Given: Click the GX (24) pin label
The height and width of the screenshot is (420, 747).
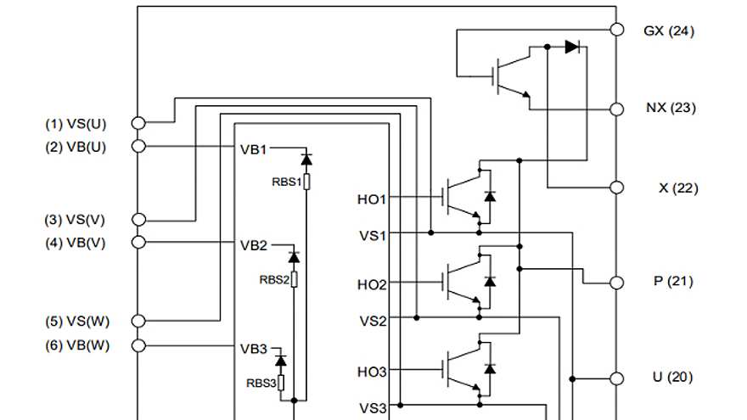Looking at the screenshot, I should pos(669,31).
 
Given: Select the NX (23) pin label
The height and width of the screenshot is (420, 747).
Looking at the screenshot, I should pos(669,108).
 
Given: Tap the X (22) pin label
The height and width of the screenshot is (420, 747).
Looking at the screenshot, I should pos(677,188).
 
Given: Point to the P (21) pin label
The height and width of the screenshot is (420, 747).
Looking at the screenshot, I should pos(672,281).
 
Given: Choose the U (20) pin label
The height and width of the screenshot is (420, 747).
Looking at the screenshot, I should pos(672,377).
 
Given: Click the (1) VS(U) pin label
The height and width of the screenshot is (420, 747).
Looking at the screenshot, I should pos(76,123).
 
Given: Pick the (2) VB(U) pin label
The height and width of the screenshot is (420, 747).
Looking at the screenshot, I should pos(76,146).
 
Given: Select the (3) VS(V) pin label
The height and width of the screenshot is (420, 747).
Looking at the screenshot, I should pos(76,220).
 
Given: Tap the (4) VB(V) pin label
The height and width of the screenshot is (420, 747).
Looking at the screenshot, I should pos(76,243).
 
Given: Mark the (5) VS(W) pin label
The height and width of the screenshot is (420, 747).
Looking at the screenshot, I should pos(76,322).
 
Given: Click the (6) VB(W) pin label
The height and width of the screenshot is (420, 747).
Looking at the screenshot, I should pos(76,345).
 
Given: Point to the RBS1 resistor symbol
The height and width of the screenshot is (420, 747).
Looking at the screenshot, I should pos(306,181).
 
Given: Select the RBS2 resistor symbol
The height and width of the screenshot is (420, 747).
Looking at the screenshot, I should pos(295,278).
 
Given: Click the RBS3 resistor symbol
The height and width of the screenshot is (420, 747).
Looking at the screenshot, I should pos(282,383).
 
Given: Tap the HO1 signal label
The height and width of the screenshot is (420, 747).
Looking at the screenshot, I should pos(372,199).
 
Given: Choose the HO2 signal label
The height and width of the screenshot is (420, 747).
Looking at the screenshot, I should pos(372,285).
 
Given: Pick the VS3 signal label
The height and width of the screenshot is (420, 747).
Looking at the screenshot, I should pos(373,408).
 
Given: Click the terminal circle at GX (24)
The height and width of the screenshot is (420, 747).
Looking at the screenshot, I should pos(617,30).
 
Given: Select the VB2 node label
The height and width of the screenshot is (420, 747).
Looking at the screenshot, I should pos(253,245).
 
